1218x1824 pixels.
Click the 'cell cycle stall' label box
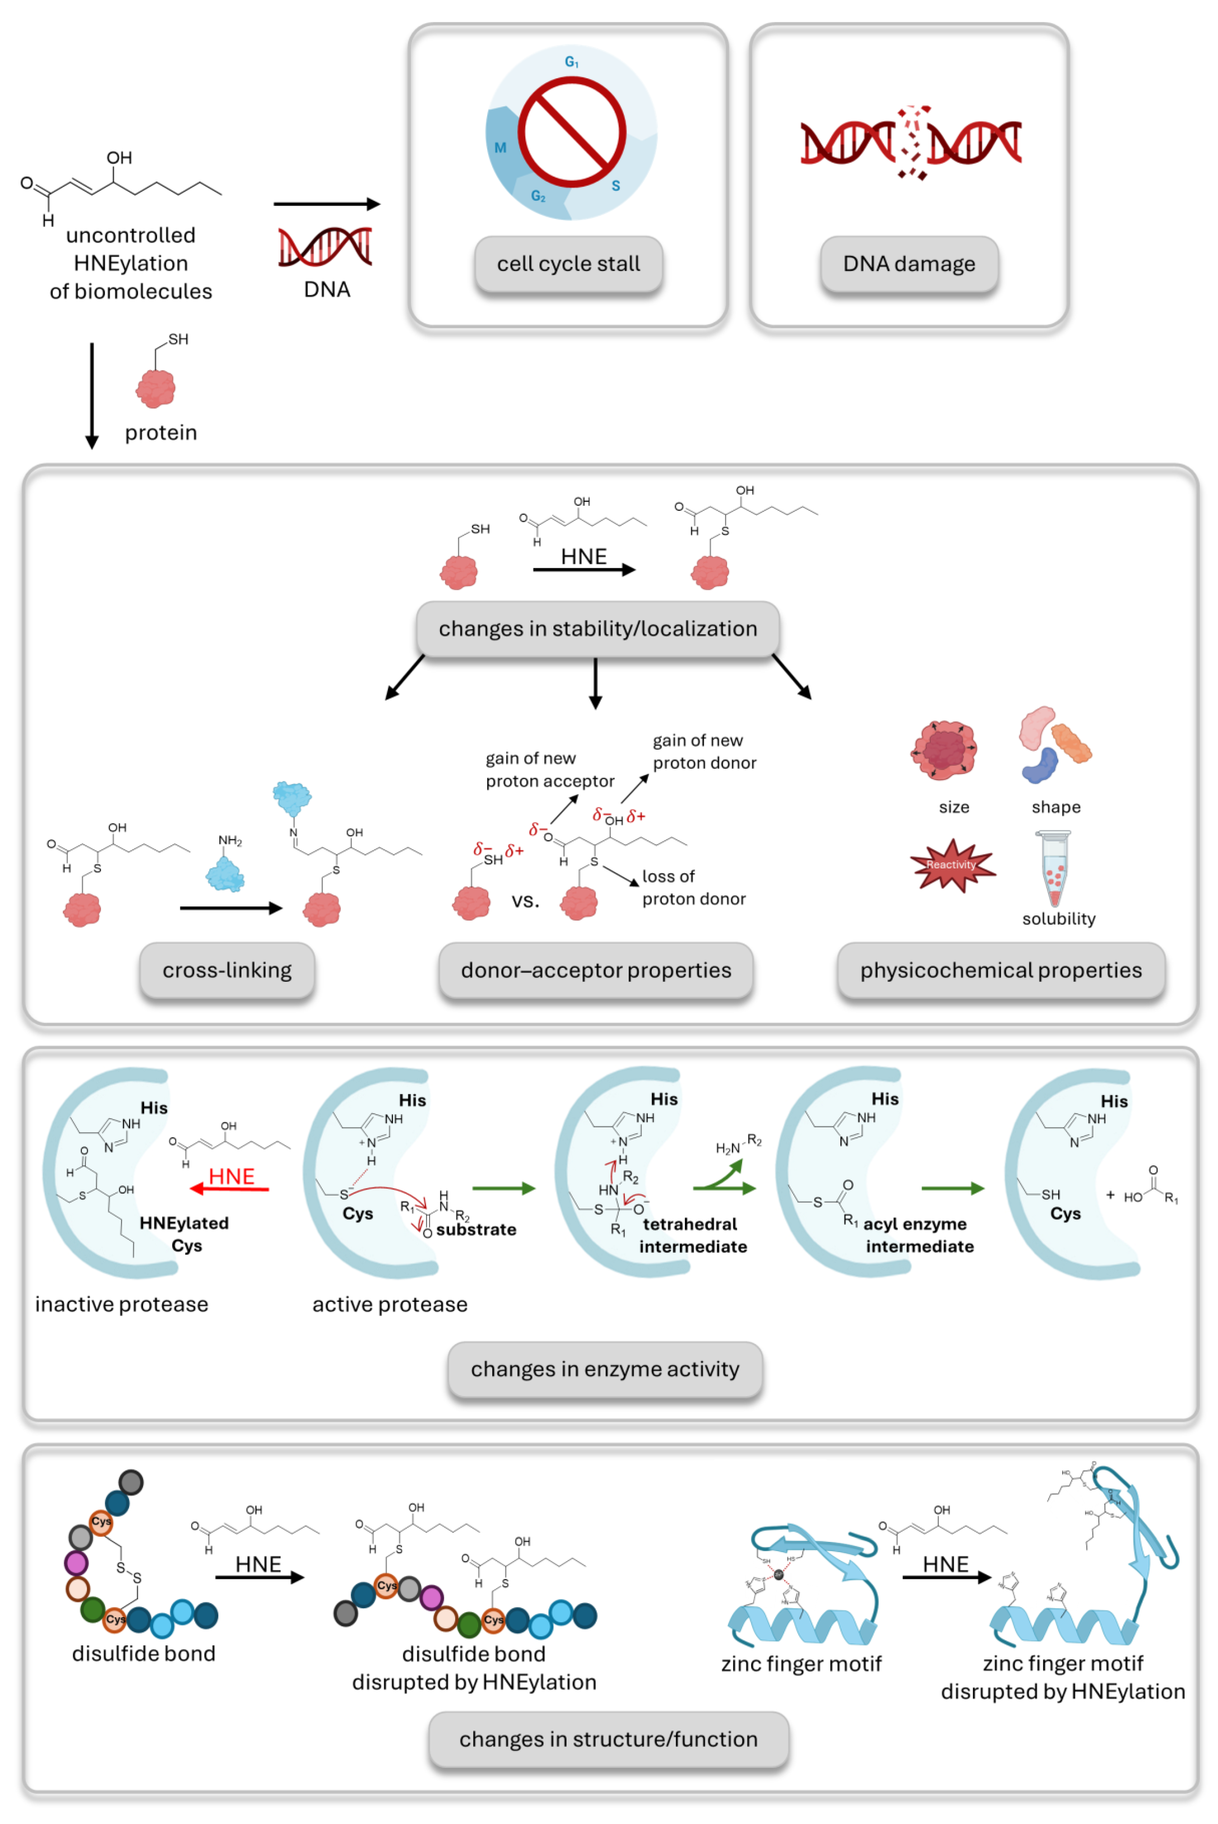(569, 264)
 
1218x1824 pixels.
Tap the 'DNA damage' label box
(909, 264)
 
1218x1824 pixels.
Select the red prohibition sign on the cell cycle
(572, 132)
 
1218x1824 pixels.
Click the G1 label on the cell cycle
(572, 62)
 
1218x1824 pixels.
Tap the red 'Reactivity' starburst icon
(952, 865)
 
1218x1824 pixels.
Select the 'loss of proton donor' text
(693, 888)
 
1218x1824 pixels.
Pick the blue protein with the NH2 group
(225, 874)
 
